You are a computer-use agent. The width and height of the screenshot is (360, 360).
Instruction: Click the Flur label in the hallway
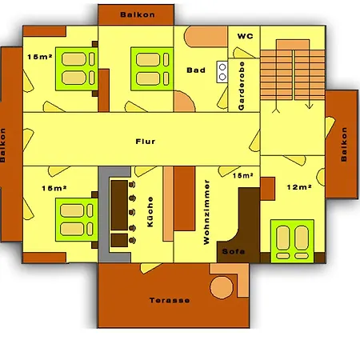tap(146, 142)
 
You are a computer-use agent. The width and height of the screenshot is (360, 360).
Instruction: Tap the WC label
tap(245, 36)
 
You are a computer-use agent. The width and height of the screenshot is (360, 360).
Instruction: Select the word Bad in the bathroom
tap(196, 70)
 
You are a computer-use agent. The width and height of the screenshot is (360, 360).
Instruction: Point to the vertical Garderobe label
tap(242, 86)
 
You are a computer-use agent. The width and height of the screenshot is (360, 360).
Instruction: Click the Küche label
tap(150, 212)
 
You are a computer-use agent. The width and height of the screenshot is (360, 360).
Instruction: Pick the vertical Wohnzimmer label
tap(206, 212)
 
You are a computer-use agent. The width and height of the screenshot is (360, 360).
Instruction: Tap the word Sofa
tap(234, 251)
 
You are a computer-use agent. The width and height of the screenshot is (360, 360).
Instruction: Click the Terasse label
tap(170, 301)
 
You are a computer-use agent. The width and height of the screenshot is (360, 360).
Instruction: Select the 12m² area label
tap(299, 187)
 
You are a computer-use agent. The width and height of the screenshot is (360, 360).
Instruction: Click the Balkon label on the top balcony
tap(138, 14)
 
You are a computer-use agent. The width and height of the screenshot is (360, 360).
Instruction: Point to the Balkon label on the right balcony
tap(344, 144)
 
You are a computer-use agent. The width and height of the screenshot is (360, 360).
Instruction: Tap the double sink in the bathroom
tap(222, 72)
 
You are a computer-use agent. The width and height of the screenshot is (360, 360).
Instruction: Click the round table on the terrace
tap(222, 287)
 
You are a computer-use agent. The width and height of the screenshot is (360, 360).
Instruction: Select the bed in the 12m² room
tap(292, 241)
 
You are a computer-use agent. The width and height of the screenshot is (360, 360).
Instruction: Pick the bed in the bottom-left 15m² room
tap(77, 220)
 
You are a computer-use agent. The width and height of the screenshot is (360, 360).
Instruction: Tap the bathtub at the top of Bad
tap(206, 37)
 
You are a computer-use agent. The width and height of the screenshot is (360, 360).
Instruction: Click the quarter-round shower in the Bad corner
tap(184, 101)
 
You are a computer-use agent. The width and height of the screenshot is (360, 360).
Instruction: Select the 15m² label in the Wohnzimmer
tap(242, 175)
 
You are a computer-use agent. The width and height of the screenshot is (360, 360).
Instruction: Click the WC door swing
tap(242, 53)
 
